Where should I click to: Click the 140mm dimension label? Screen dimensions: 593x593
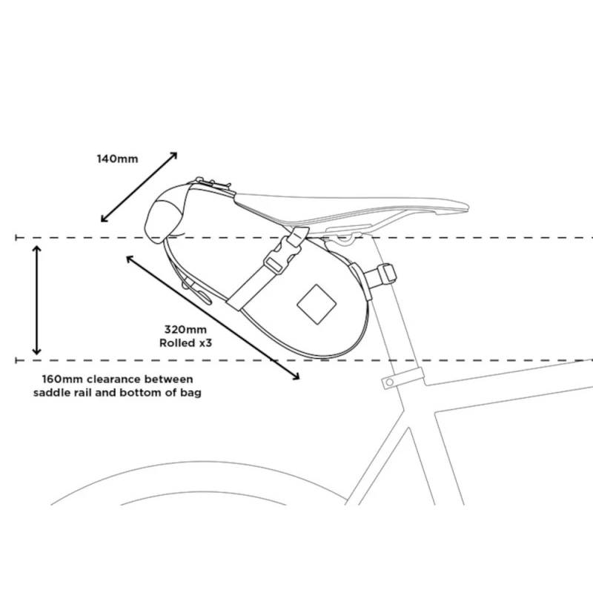[117, 159]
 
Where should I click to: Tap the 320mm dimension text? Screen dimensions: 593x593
[186, 329]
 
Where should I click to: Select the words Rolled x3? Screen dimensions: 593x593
[186, 343]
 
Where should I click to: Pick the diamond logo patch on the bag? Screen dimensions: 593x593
[317, 304]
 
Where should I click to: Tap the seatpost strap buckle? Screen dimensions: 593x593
[388, 274]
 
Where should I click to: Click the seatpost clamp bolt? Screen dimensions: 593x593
[389, 382]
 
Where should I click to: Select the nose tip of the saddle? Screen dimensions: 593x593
[468, 208]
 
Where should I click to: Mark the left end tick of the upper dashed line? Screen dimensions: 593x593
[16, 238]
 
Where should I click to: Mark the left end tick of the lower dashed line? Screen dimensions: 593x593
[16, 360]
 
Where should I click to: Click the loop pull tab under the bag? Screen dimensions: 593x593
[198, 291]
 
